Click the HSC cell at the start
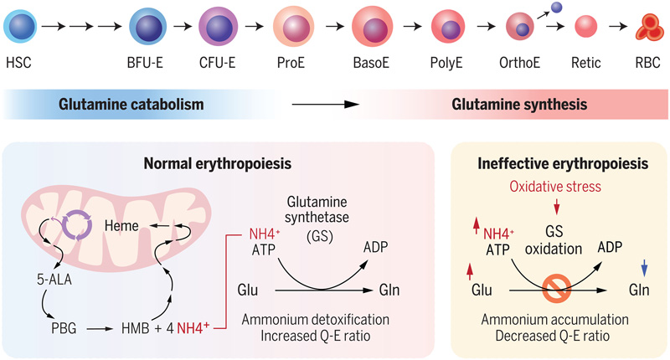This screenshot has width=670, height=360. coord(19,27)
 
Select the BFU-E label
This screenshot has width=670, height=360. coord(149,64)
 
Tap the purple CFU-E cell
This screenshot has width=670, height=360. coord(219,26)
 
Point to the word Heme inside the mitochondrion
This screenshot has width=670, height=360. coord(121,226)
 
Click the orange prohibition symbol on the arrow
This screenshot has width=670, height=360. coord(552,290)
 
